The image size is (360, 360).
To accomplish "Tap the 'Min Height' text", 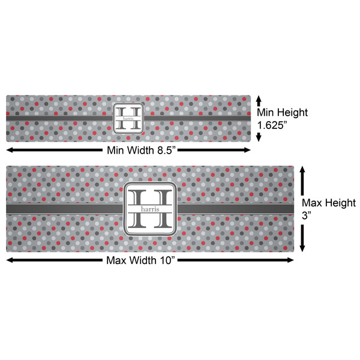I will (x=282, y=112).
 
